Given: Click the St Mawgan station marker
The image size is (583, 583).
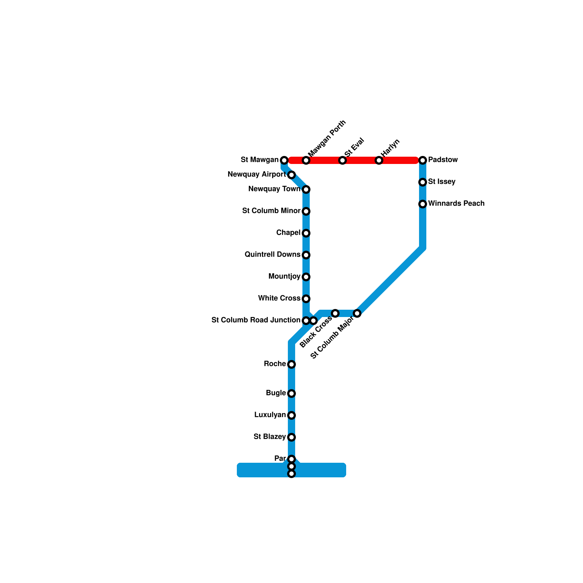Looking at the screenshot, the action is (284, 160).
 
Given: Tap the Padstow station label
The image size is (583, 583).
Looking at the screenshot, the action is (443, 160).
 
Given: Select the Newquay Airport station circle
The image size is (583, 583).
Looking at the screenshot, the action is (291, 175).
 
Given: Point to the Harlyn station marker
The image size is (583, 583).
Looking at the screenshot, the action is (379, 160).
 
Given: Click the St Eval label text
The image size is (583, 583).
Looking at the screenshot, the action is (354, 148).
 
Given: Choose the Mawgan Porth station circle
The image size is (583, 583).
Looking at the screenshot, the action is (306, 160).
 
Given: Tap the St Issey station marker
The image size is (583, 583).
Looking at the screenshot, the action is (423, 182).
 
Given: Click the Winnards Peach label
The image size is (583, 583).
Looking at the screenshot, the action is (456, 203).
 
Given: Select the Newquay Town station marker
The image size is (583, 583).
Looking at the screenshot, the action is (306, 189).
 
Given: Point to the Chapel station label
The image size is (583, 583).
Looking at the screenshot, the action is (288, 233).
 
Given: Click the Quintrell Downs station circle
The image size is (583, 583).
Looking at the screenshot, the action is (306, 255).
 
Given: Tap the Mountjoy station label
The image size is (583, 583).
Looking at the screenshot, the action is (284, 277).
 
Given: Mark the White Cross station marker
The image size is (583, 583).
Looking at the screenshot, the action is (306, 299).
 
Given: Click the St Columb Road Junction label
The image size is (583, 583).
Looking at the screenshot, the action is (256, 320).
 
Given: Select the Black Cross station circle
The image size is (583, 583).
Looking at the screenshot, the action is (335, 313).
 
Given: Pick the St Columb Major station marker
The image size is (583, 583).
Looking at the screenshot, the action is (357, 313).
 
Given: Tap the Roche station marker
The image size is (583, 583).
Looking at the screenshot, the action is (291, 364).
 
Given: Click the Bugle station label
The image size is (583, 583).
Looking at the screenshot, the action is (276, 393).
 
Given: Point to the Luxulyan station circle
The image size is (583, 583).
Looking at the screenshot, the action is (291, 415).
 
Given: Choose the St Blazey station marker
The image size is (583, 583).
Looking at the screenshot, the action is (291, 437).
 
